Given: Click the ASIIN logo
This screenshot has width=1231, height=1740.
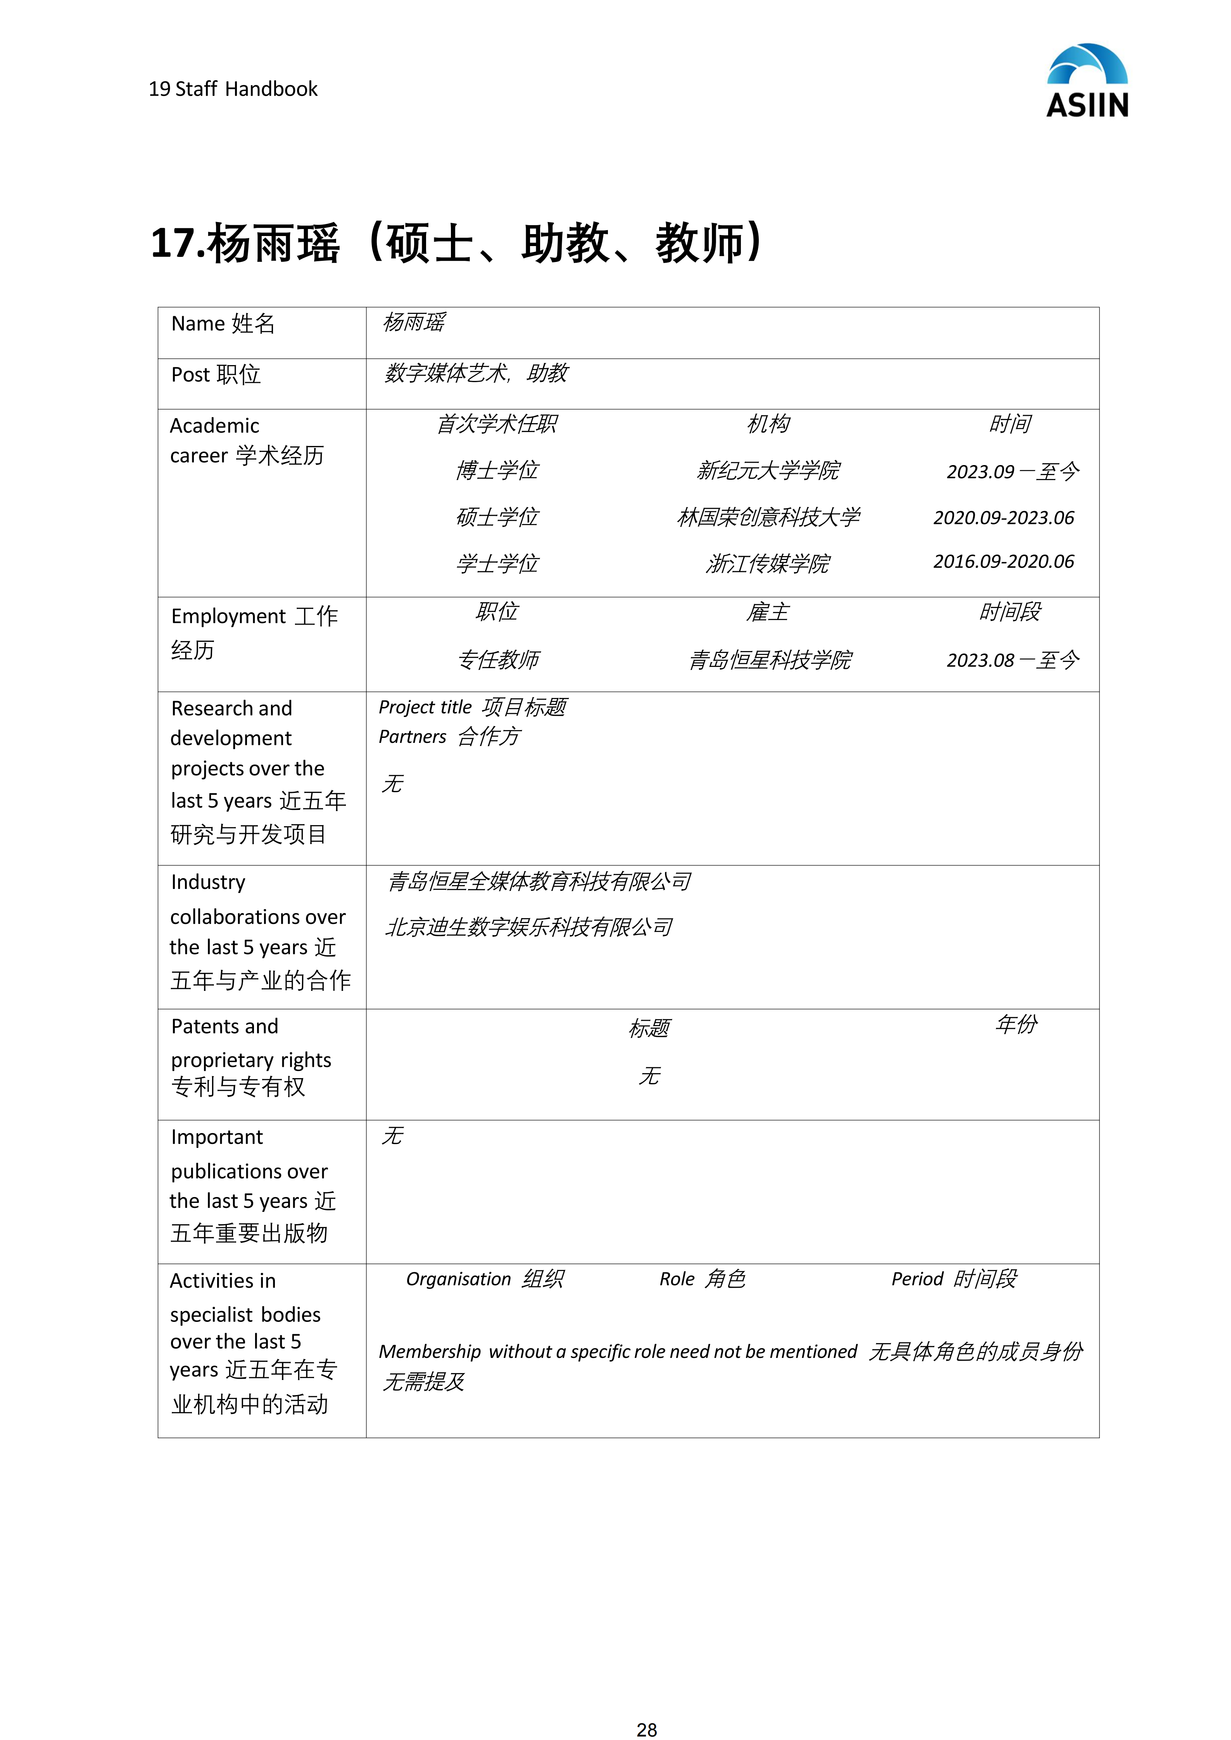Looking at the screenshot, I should (x=1087, y=81).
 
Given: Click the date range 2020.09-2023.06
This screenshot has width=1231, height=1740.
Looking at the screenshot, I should (x=1003, y=518).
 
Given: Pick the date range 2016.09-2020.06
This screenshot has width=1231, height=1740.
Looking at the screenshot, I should (x=1003, y=562).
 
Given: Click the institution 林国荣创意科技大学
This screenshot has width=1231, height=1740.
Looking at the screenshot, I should (x=768, y=518).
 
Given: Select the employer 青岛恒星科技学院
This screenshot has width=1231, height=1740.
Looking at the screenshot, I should (x=769, y=660).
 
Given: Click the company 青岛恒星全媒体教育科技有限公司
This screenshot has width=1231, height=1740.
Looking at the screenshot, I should (x=538, y=881).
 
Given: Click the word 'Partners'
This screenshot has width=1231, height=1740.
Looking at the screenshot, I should (x=413, y=737).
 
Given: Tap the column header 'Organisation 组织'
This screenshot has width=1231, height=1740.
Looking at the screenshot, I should (x=484, y=1279).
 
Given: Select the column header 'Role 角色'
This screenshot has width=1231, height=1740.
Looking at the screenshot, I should (x=702, y=1279).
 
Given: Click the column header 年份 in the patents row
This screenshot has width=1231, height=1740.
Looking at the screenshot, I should (x=1016, y=1025).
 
